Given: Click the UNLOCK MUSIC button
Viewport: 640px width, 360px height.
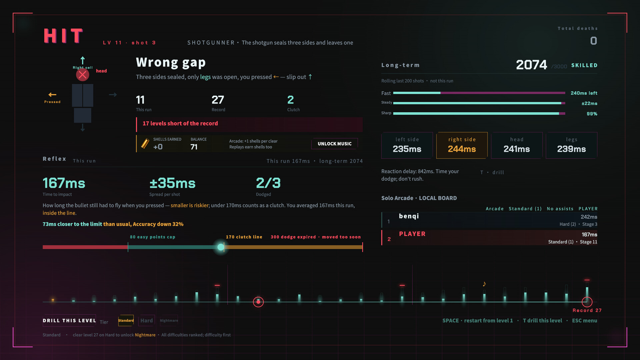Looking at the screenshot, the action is click(x=334, y=144).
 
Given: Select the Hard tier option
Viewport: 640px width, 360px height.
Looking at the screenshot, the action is click(x=146, y=321).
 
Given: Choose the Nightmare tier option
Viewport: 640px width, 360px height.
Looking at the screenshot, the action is click(x=169, y=321).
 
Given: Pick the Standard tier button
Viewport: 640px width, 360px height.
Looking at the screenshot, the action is click(x=126, y=321).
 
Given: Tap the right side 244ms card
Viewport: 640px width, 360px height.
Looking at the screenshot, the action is click(x=462, y=145).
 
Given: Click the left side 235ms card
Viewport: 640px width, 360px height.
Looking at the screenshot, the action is click(x=407, y=145).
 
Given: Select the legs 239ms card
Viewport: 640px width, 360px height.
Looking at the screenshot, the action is click(x=571, y=145).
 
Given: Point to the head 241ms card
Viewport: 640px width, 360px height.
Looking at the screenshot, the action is click(x=517, y=145).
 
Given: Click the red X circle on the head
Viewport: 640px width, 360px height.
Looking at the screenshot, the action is click(x=82, y=75).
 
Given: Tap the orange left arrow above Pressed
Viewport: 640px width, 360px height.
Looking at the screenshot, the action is click(x=52, y=95).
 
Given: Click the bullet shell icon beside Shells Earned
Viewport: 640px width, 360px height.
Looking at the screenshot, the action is click(x=145, y=143).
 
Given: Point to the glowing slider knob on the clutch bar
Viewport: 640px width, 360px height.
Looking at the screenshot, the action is click(x=221, y=247).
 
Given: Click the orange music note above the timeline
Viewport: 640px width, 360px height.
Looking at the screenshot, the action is click(x=484, y=284).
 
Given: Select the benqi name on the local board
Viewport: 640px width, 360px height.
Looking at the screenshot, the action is click(x=409, y=216).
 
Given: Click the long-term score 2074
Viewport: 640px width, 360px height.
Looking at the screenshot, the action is click(x=531, y=65).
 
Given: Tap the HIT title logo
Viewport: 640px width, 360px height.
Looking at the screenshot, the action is click(x=63, y=36).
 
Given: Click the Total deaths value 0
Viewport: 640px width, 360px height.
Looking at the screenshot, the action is click(x=593, y=41).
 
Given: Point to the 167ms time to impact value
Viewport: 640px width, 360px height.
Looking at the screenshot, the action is click(x=64, y=183).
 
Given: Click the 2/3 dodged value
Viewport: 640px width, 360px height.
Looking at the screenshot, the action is click(x=268, y=183).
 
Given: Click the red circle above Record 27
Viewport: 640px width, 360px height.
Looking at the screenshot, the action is click(x=587, y=302).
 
